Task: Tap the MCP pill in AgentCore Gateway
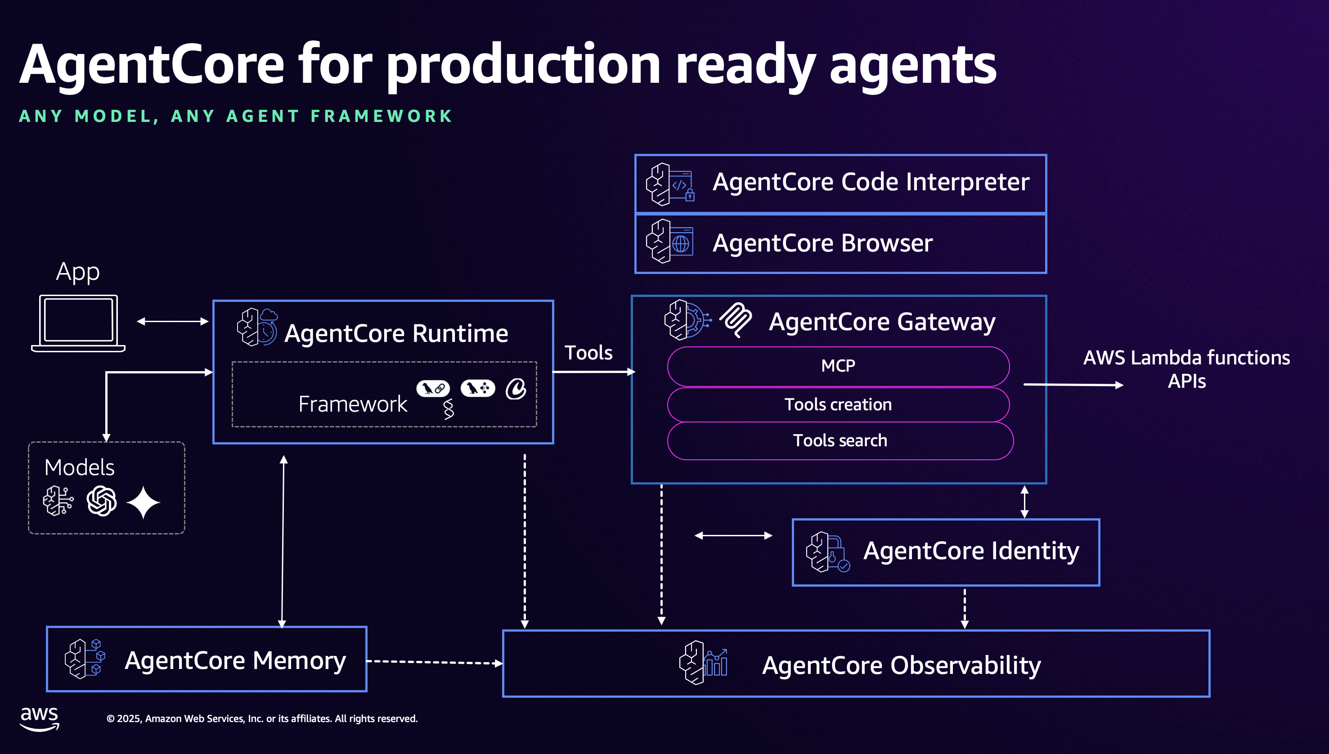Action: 838,366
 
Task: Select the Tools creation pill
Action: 838,404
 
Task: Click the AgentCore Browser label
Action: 822,243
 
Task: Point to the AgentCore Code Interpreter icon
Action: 670,184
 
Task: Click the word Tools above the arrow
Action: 588,353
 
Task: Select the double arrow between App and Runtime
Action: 172,321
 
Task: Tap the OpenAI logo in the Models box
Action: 102,501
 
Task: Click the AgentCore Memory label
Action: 235,660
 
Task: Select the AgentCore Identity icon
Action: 827,552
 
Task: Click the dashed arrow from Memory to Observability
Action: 434,662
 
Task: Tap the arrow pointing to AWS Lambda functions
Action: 1073,385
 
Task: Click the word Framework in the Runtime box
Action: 353,404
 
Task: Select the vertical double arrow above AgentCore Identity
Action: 1024,501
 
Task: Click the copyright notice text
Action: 262,718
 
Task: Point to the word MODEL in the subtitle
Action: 113,116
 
